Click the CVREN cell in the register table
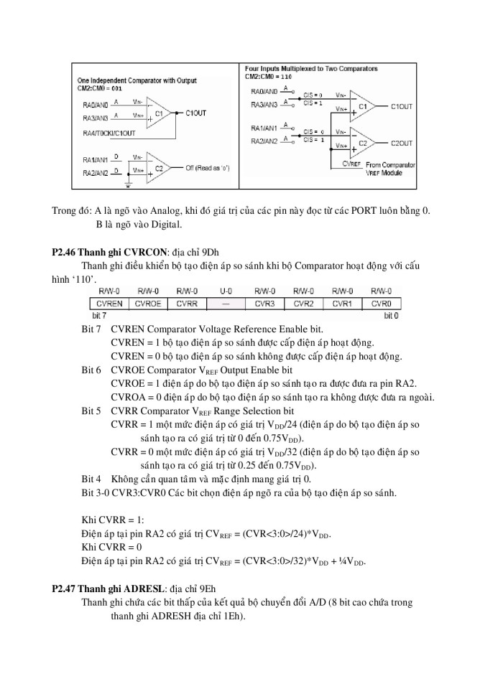tap(108, 304)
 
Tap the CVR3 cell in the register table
tap(265, 304)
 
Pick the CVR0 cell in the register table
tap(381, 304)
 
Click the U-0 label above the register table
tap(226, 291)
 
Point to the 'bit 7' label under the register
tap(99, 316)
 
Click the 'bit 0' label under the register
tap(391, 316)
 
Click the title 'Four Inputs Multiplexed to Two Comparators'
tap(311, 69)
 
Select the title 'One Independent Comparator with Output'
tap(137, 80)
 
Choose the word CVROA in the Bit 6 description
tap(127, 398)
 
